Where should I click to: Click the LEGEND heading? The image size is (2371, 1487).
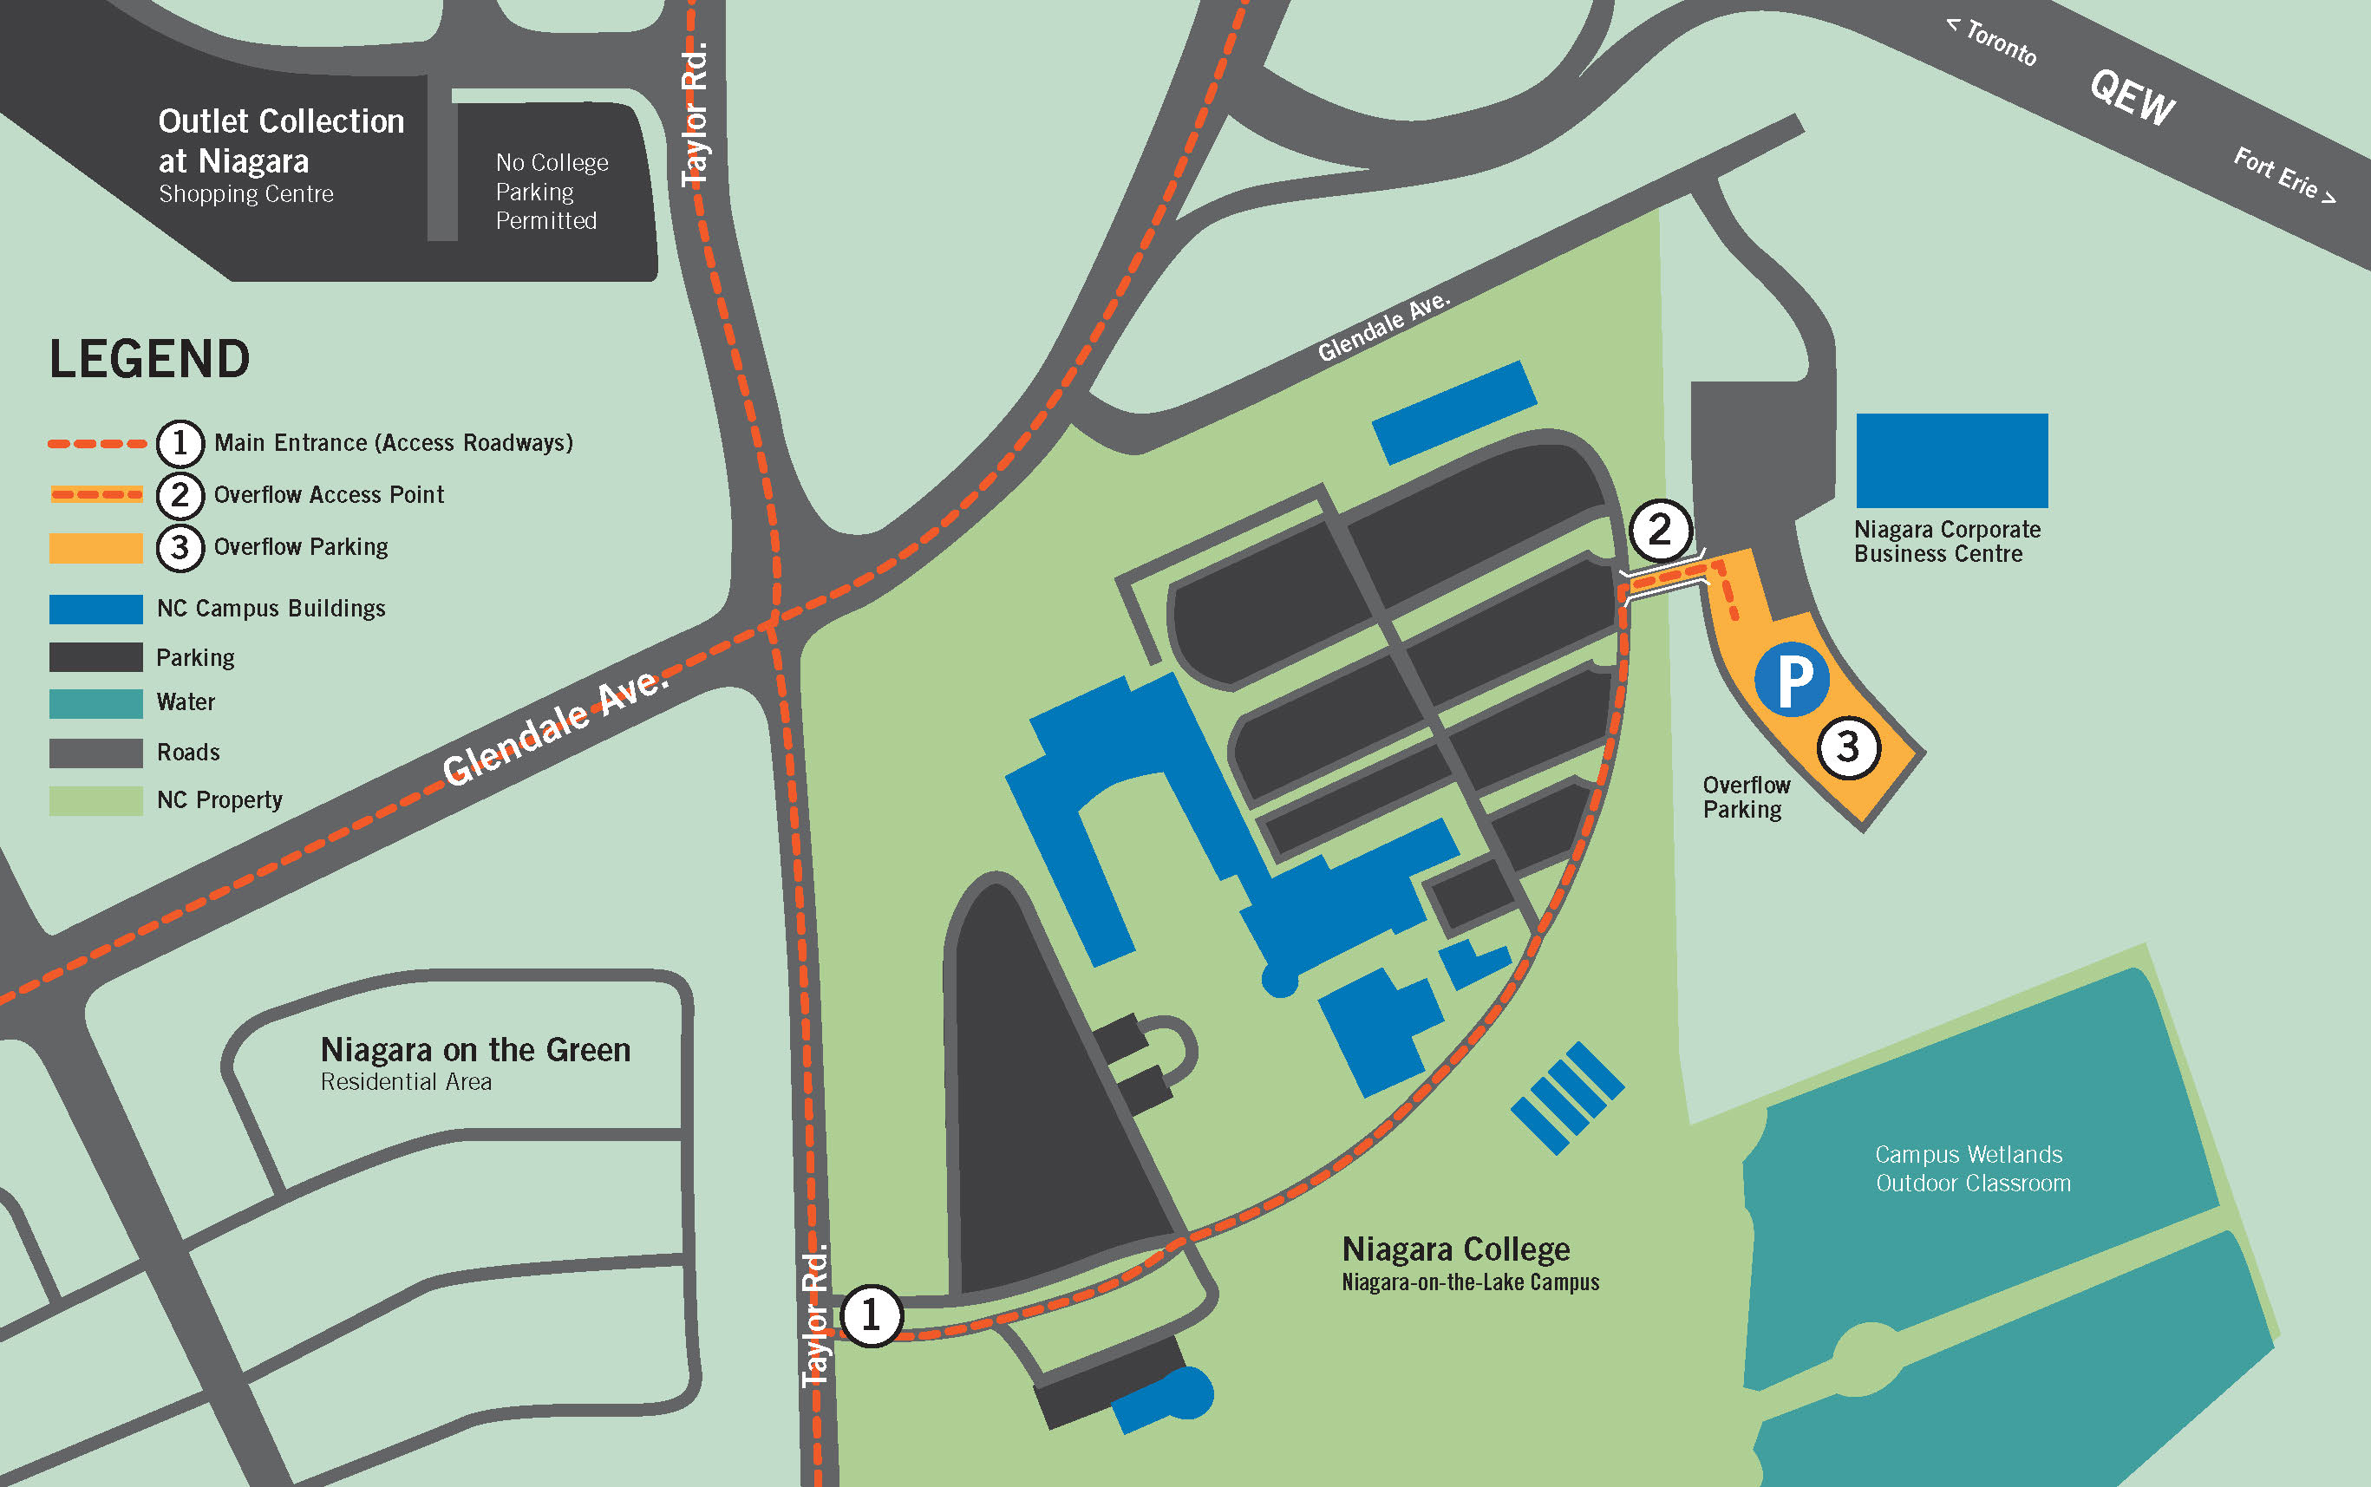[x=149, y=359]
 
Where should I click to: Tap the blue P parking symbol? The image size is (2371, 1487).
[x=1792, y=679]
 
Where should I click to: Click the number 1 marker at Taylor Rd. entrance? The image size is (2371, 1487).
[x=871, y=1315]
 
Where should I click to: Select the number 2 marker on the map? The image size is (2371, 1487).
[x=1660, y=531]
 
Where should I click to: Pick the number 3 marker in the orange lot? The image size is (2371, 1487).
[x=1848, y=747]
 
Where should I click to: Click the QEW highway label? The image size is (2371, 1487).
[x=2132, y=97]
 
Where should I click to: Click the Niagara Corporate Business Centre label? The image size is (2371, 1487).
[x=1946, y=542]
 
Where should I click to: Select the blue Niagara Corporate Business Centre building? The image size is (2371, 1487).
[x=1951, y=460]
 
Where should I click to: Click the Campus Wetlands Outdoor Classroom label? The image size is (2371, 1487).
[x=1973, y=1169]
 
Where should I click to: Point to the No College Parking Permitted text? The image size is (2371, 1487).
[x=551, y=191]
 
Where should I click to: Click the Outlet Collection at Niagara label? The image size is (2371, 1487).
[x=281, y=140]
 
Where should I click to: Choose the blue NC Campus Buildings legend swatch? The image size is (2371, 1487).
[x=95, y=609]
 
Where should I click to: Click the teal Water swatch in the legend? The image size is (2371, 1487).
[x=95, y=703]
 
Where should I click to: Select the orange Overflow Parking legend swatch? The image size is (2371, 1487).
[x=95, y=548]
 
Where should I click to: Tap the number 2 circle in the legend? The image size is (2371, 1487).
[x=180, y=495]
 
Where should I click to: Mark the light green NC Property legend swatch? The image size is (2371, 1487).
[x=95, y=800]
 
